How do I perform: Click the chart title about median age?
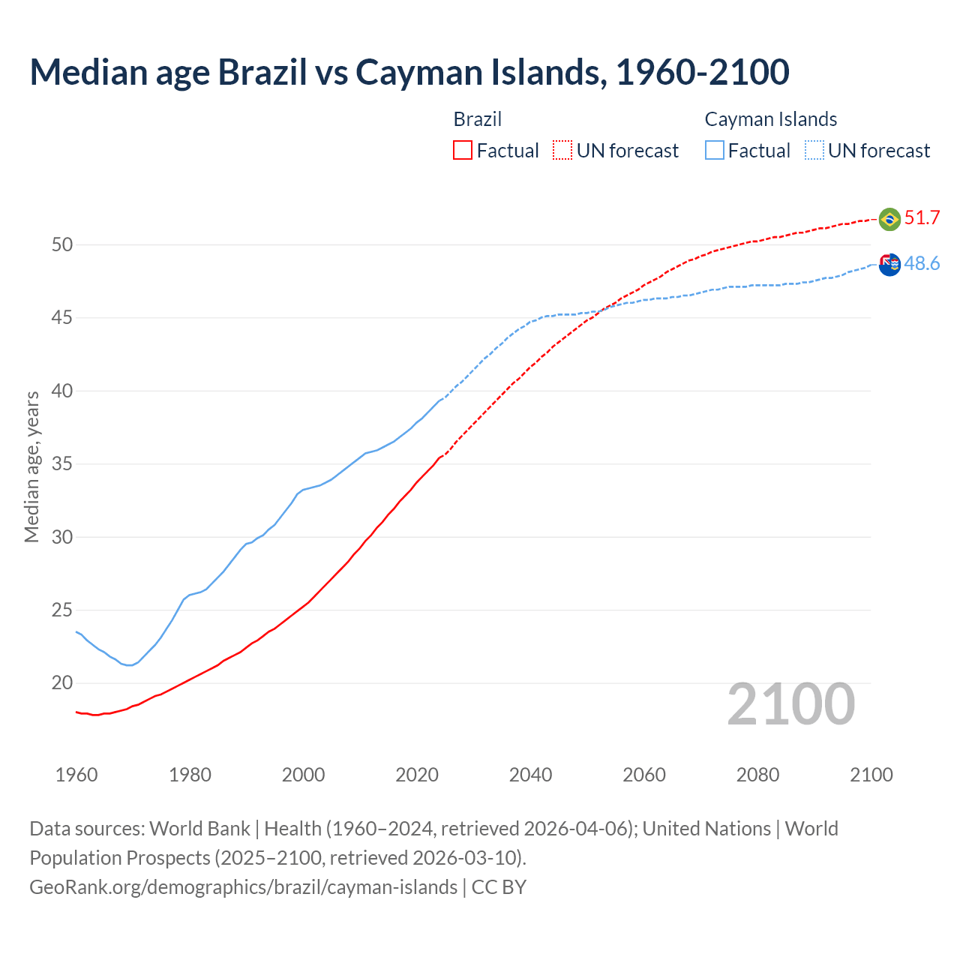tap(409, 72)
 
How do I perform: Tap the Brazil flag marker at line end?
tap(889, 219)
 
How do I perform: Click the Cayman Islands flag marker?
tap(889, 264)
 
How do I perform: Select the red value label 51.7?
tap(922, 218)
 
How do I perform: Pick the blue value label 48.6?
tap(922, 264)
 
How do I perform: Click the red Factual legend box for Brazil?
tap(463, 151)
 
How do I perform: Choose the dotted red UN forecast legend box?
tap(562, 151)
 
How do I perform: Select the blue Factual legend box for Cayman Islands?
tap(715, 151)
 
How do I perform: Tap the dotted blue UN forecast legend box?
tap(814, 151)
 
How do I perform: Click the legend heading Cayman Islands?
tap(770, 119)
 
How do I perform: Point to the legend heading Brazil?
tap(477, 119)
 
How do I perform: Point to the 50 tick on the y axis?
tap(62, 245)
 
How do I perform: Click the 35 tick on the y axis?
tap(62, 464)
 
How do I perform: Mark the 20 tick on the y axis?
tap(62, 683)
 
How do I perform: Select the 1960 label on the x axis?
tap(76, 775)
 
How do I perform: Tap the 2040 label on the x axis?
tap(530, 775)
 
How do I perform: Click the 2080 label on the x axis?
tap(757, 775)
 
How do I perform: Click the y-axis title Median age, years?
tap(31, 466)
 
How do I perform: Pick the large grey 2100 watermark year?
tap(790, 703)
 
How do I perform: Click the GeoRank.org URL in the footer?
tap(243, 887)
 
